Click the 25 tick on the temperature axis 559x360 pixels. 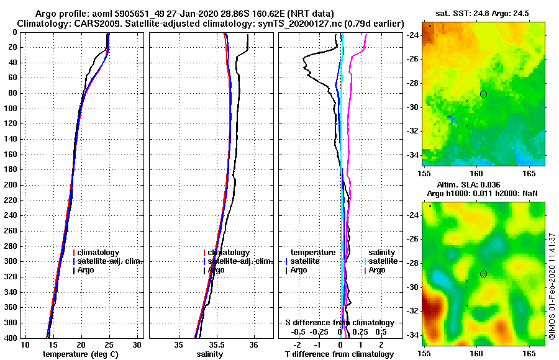pos(109,345)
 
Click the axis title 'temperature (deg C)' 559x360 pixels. pos(80,354)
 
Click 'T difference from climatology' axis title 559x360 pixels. pos(340,354)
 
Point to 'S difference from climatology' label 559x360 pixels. pos(339,323)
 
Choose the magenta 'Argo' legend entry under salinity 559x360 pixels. pos(377,270)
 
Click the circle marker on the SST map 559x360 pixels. pos(483,94)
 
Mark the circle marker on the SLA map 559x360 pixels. pos(483,274)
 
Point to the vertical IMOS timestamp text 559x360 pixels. pos(552,286)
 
